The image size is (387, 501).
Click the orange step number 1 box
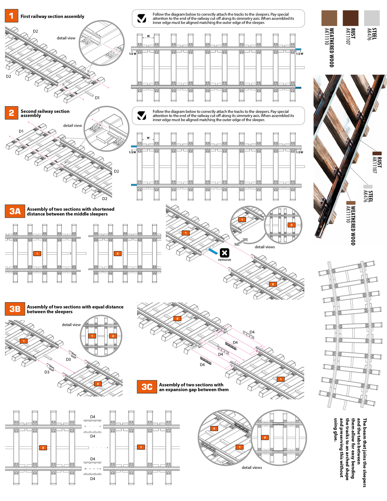point(11,16)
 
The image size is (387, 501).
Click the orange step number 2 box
point(11,113)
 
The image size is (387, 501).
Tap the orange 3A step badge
point(15,211)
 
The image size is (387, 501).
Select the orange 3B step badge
point(15,309)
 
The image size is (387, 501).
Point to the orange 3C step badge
point(147,387)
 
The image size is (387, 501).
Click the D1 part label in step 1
point(97,98)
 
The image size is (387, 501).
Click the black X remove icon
point(224,253)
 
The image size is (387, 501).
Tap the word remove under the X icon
point(224,260)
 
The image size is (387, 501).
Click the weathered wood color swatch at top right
point(329,18)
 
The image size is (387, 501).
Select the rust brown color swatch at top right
point(350,18)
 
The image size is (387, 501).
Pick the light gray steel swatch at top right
point(372,18)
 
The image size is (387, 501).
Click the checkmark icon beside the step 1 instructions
point(142,18)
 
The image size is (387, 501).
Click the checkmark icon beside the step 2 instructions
point(142,116)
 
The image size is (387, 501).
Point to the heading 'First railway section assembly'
point(52,16)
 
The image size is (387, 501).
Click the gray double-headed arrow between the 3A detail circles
point(241,242)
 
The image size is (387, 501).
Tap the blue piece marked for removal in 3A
point(213,251)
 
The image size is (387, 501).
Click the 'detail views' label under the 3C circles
point(252,468)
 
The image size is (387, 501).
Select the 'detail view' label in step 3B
point(71,325)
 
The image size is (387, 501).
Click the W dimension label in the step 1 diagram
point(148,36)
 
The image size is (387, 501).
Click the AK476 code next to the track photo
point(366,196)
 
